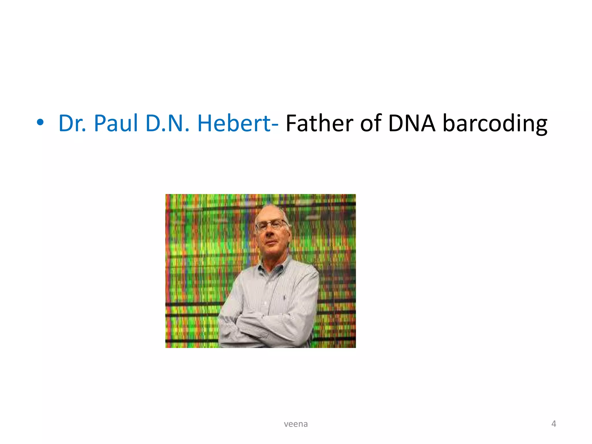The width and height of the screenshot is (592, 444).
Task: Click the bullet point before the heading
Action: (40, 123)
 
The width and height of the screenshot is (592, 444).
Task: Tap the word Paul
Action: (116, 123)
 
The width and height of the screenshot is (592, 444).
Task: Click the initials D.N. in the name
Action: (167, 123)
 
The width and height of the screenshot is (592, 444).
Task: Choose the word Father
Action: (319, 123)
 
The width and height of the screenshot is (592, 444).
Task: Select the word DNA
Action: (412, 123)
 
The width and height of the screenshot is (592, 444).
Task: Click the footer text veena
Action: (296, 424)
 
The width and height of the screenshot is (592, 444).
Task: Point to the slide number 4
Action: (554, 424)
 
